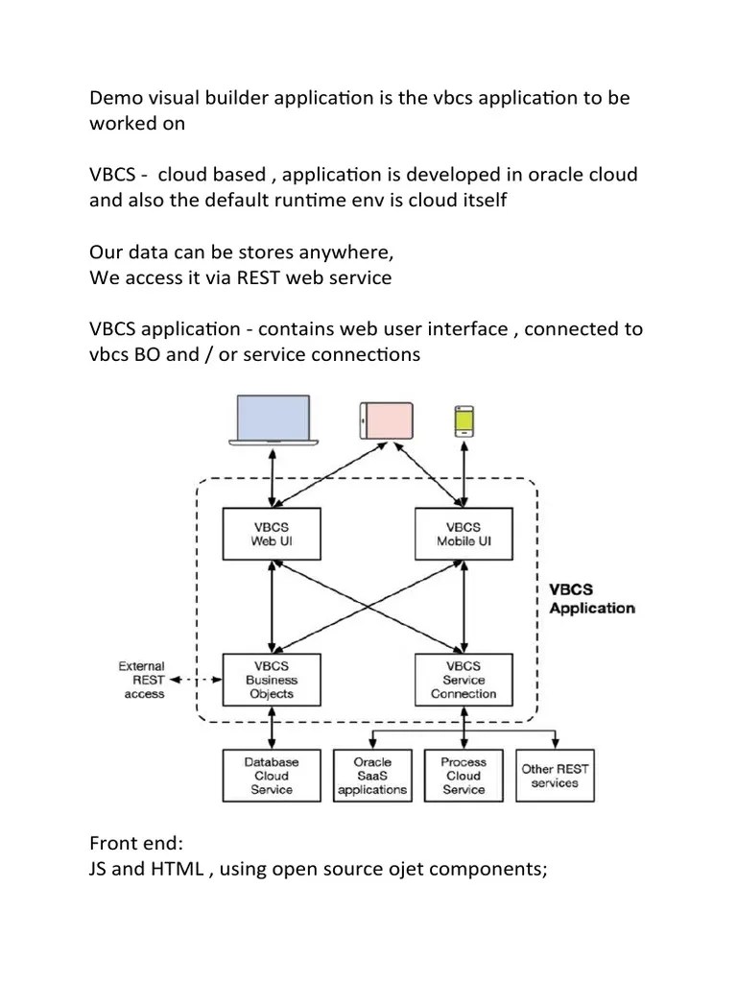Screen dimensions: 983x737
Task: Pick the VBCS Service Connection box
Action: pyautogui.click(x=464, y=680)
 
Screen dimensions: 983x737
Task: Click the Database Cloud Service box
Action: pyautogui.click(x=271, y=776)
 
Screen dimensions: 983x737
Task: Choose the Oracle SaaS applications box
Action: pyautogui.click(x=372, y=776)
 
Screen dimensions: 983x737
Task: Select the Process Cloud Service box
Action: pyautogui.click(x=464, y=776)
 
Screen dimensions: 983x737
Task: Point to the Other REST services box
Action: pyautogui.click(x=555, y=776)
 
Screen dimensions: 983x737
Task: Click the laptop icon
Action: pyautogui.click(x=273, y=420)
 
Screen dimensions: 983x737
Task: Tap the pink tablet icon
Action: pyautogui.click(x=386, y=420)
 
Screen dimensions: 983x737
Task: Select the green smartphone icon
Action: pyautogui.click(x=464, y=420)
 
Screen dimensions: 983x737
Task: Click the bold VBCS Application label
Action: pyautogui.click(x=590, y=600)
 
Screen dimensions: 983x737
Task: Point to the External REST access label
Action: pyautogui.click(x=142, y=680)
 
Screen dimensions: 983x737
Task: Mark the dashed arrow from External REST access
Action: pyautogui.click(x=202, y=680)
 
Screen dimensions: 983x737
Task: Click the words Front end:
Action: pyautogui.click(x=135, y=844)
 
